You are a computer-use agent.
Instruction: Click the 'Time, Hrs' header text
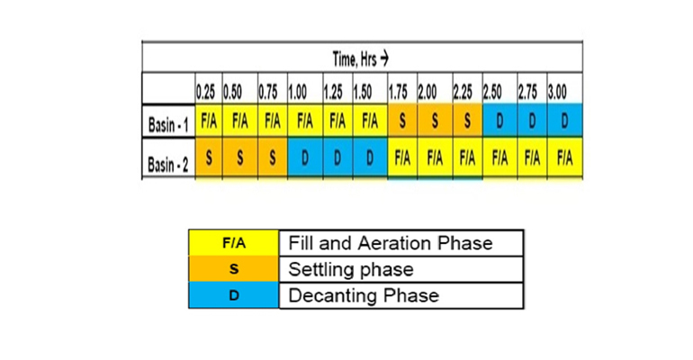click(x=360, y=58)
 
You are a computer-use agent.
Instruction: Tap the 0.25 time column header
click(x=205, y=93)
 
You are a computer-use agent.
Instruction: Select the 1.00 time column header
click(x=297, y=93)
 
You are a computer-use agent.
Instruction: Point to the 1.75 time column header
click(x=398, y=93)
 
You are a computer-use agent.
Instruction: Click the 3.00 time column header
click(x=557, y=93)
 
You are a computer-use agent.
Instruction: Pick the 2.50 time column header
click(x=492, y=93)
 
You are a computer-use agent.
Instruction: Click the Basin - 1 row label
click(x=168, y=124)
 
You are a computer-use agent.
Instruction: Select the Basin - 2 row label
click(x=168, y=165)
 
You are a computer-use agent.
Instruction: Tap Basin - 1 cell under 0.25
click(x=209, y=121)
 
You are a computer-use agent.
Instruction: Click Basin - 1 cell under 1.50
click(x=370, y=121)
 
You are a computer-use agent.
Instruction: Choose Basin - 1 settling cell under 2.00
click(x=435, y=121)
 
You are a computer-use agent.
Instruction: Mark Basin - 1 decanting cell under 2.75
click(x=532, y=121)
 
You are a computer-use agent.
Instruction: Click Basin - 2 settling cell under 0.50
click(x=240, y=157)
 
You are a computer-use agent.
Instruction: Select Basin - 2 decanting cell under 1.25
click(x=337, y=157)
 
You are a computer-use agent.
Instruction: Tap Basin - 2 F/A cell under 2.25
click(x=468, y=157)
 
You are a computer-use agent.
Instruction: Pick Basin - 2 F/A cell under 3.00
click(x=565, y=157)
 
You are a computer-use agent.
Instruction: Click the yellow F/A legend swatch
click(x=234, y=242)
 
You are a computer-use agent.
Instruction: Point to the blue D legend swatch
click(x=234, y=295)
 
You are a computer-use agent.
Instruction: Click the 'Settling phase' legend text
click(x=351, y=269)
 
